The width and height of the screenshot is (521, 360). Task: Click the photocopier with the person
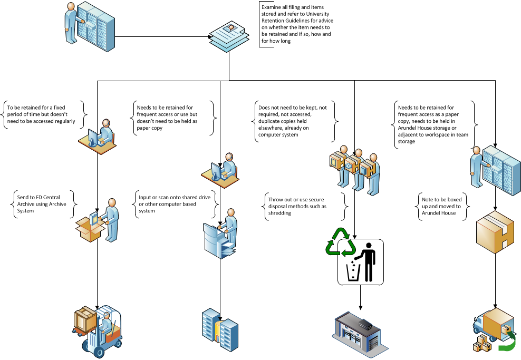tap(221, 237)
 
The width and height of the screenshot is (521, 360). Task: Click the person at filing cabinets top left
tap(73, 24)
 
